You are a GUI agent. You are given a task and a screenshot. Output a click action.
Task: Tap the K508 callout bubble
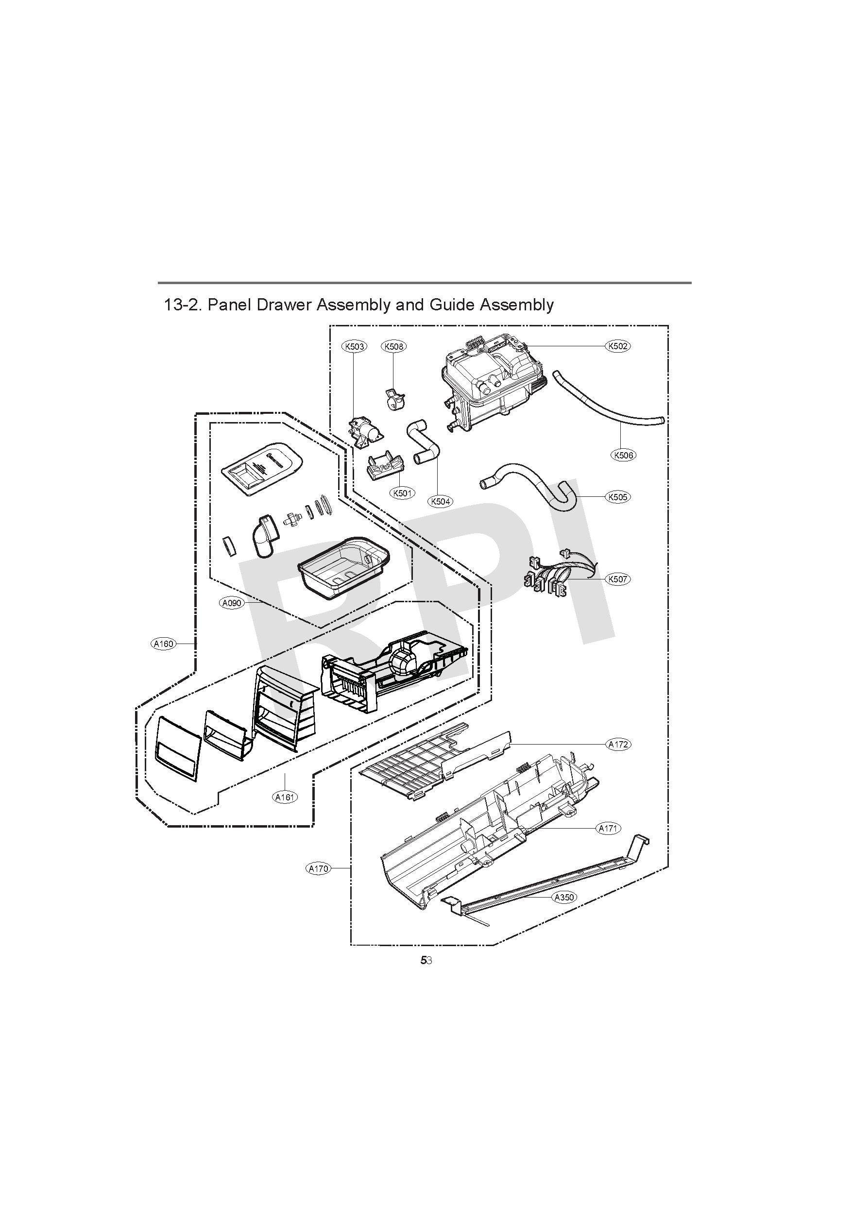coord(394,346)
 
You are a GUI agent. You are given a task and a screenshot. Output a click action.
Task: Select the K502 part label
coord(617,346)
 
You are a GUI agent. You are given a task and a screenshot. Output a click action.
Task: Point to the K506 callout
coord(623,455)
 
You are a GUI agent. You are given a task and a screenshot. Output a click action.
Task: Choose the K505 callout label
coord(617,496)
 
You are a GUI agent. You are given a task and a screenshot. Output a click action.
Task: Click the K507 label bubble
coord(617,579)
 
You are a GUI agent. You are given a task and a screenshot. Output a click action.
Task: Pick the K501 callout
coord(402,493)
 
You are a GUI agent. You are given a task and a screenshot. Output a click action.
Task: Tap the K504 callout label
coord(441,501)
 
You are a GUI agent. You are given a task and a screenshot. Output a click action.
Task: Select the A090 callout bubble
coord(232,603)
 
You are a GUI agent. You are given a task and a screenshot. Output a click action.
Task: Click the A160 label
coord(163,644)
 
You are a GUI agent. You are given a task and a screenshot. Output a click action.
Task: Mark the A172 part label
coord(618,744)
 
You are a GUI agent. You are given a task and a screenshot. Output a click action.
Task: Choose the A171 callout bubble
coord(609,828)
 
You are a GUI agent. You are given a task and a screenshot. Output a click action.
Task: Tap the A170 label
coord(318,868)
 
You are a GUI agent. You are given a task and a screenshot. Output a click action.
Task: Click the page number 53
coord(426,960)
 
